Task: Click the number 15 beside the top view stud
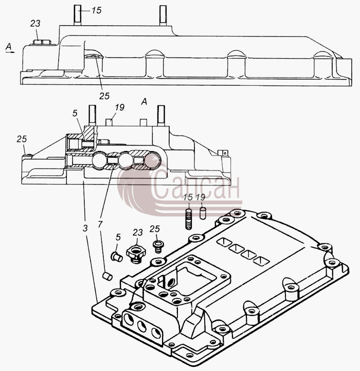point(96,10)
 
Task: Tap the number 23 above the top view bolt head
point(35,24)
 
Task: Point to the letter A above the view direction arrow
point(9,46)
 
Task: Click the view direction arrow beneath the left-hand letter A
point(10,51)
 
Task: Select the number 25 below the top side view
point(104,96)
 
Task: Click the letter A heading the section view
point(144,102)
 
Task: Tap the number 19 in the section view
point(120,107)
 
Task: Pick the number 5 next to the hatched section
point(75,114)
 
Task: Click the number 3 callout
point(85,228)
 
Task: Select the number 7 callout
point(100,225)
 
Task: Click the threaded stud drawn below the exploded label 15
point(188,219)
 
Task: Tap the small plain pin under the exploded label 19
point(203,213)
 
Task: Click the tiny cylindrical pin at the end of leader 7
point(107,276)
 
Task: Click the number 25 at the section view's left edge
point(22,139)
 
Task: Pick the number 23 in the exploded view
point(138,233)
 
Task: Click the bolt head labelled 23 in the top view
point(42,42)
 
